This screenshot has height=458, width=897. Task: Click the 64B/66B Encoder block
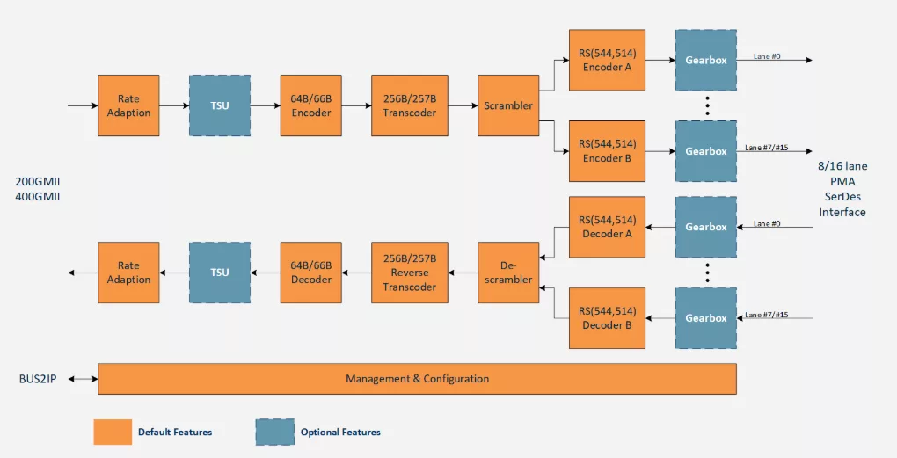click(x=310, y=105)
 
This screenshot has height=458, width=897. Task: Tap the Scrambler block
click(x=508, y=105)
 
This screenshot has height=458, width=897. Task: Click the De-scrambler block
click(x=508, y=273)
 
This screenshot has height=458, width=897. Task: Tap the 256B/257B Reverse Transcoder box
click(x=409, y=273)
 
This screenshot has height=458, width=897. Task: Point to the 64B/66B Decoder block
click(x=310, y=273)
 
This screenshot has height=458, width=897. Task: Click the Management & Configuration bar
click(x=417, y=379)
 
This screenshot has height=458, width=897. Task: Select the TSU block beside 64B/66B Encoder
click(x=220, y=105)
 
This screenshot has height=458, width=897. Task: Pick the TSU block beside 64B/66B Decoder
click(x=220, y=273)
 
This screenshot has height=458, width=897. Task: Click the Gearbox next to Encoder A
click(x=706, y=60)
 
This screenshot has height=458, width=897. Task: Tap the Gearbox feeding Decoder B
click(x=706, y=318)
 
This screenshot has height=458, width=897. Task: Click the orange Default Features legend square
click(x=113, y=432)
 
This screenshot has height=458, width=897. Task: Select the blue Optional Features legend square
click(x=274, y=432)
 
